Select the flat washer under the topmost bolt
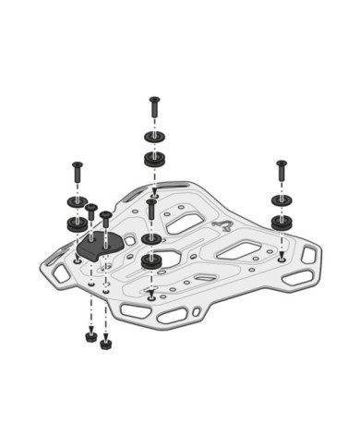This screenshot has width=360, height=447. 153,137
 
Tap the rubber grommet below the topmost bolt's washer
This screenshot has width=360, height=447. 153,159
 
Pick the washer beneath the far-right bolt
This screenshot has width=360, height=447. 281,199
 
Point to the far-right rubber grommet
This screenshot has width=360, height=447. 281,222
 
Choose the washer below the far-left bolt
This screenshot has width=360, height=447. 76,201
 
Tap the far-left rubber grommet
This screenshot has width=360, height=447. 76,223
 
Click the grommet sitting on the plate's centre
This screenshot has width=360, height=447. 151,260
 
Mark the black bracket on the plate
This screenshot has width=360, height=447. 100,246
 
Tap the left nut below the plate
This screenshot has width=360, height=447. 90,336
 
